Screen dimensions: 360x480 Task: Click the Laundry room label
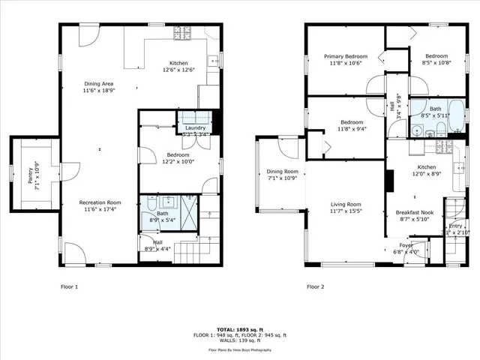coord(195,128)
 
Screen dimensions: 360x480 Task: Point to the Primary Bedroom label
coord(345,56)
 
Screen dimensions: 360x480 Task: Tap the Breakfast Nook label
coord(412,212)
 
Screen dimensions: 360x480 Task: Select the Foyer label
coord(406,245)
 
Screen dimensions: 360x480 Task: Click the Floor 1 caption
coord(69,286)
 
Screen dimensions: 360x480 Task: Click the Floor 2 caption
coord(316,286)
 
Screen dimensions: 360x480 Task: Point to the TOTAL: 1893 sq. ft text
coord(239,329)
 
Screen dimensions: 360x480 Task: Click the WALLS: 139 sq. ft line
coord(239,341)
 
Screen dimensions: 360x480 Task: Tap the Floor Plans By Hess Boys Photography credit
coord(239,350)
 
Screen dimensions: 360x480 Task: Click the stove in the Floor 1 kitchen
coord(181,33)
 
